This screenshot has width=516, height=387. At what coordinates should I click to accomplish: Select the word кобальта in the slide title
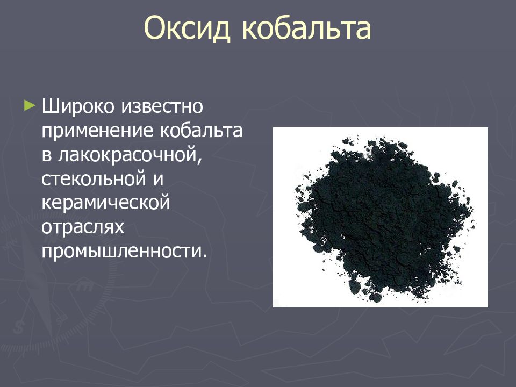(x=306, y=28)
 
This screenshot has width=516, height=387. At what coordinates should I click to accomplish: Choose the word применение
(x=95, y=131)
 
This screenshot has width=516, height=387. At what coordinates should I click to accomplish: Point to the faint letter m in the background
(x=84, y=286)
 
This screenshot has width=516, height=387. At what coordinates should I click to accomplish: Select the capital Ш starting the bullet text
(x=49, y=106)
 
